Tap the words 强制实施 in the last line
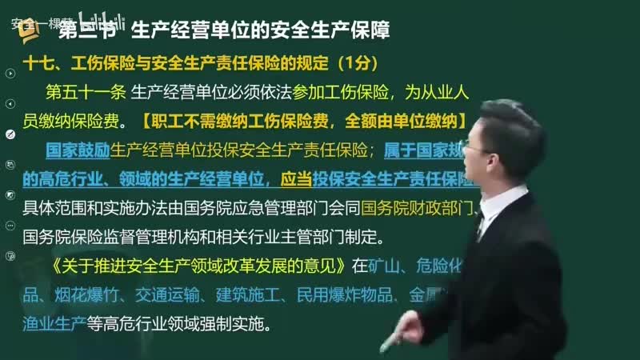(x=245, y=325)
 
